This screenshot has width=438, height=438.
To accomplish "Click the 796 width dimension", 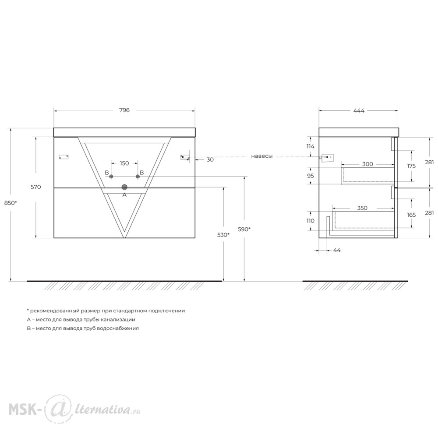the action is pyautogui.click(x=124, y=110).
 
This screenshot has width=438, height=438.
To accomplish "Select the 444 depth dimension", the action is pyautogui.click(x=359, y=111).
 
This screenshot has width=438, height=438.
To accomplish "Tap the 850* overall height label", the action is pyautogui.click(x=11, y=203).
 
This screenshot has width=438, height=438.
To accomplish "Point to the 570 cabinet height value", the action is pyautogui.click(x=36, y=187).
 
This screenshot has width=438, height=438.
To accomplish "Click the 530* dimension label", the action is pyautogui.click(x=223, y=235).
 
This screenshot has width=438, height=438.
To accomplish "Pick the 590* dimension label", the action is pyautogui.click(x=244, y=229).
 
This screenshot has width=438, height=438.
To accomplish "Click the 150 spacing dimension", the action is pyautogui.click(x=124, y=163).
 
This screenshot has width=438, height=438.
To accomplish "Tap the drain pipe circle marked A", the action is pyautogui.click(x=124, y=187).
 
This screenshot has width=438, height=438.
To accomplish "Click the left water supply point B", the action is pyautogui.click(x=111, y=176).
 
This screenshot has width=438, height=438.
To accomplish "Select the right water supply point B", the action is pyautogui.click(x=138, y=176).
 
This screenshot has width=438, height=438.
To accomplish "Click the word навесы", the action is pyautogui.click(x=261, y=156).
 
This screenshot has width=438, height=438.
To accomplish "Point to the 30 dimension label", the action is pyautogui.click(x=210, y=160).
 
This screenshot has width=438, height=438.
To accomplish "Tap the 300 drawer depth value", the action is pyautogui.click(x=367, y=164).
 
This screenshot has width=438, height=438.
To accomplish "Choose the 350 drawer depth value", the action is pyautogui.click(x=362, y=208).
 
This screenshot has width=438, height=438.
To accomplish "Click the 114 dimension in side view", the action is pyautogui.click(x=311, y=146).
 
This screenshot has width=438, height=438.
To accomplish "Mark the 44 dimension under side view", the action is pyautogui.click(x=337, y=250).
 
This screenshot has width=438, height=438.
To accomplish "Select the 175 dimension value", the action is pyautogui.click(x=411, y=166).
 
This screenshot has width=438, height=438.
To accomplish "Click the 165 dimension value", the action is pyautogui.click(x=411, y=215).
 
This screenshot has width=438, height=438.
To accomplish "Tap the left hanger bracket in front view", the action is pyautogui.click(x=64, y=157).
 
